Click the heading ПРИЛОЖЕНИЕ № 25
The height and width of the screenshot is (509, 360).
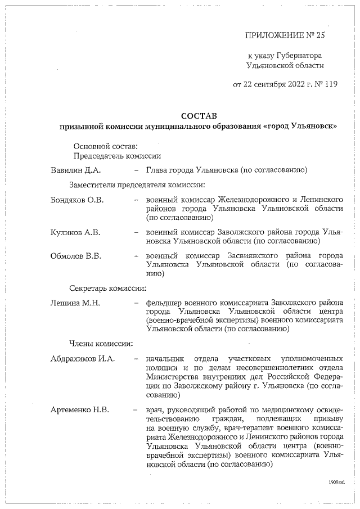[x=285, y=35]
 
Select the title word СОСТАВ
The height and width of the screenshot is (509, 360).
[x=199, y=115]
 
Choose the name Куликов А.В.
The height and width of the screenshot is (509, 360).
[x=75, y=232]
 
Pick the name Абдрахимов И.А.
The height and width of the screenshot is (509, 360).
[x=82, y=358]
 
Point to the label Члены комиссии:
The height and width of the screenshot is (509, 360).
[x=101, y=343]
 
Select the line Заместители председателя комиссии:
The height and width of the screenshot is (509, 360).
[x=137, y=184]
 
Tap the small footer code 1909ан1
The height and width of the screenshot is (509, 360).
[x=336, y=483]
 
